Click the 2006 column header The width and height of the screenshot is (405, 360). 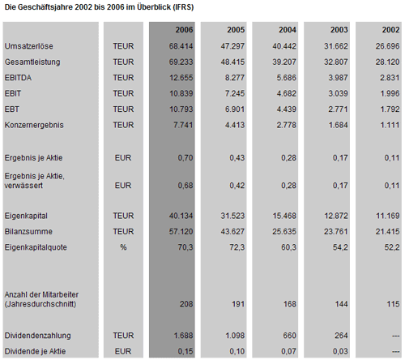pyautogui.click(x=184, y=29)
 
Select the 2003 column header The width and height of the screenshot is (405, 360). pyautogui.click(x=339, y=29)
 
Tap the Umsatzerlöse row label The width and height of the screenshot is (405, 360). pyautogui.click(x=28, y=46)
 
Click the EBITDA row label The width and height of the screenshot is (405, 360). pyautogui.click(x=18, y=78)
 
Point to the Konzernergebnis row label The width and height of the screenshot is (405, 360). pyautogui.click(x=34, y=125)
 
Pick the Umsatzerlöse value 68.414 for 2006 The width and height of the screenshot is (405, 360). pyautogui.click(x=181, y=46)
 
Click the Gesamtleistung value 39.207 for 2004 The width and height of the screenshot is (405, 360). pyautogui.click(x=284, y=62)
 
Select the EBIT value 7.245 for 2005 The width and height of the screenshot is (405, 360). pyautogui.click(x=234, y=93)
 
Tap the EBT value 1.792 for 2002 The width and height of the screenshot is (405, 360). pyautogui.click(x=390, y=109)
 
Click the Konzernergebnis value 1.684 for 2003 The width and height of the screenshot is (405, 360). pyautogui.click(x=338, y=125)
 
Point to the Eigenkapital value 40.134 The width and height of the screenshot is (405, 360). pyautogui.click(x=181, y=216)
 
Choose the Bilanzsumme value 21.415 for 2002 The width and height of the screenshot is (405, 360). pyautogui.click(x=387, y=232)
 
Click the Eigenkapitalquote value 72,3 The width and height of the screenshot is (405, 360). pyautogui.click(x=237, y=247)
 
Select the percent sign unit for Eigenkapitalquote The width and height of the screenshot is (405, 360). pyautogui.click(x=123, y=247)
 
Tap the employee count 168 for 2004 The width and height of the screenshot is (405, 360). pyautogui.click(x=290, y=304)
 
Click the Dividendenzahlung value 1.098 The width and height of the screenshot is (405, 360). pyautogui.click(x=235, y=336)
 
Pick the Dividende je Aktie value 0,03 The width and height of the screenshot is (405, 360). pyautogui.click(x=340, y=351)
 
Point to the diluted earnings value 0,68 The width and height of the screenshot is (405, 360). pyautogui.click(x=185, y=186)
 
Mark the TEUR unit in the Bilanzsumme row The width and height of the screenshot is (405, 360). pyautogui.click(x=123, y=232)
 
